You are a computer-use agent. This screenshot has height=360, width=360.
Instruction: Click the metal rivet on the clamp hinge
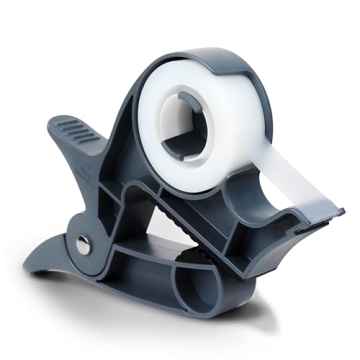tap(83, 243)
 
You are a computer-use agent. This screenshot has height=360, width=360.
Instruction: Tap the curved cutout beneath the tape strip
tap(245, 195)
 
